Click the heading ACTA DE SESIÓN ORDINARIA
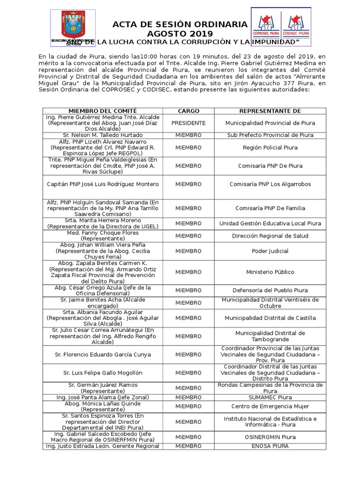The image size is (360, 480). [180, 24]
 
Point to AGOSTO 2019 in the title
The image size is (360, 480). [180, 34]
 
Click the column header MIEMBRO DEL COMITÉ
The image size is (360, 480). [103, 111]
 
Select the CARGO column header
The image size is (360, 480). [188, 111]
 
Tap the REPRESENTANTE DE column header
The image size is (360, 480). [270, 111]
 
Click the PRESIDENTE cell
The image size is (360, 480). [188, 123]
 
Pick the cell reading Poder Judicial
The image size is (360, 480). [270, 251]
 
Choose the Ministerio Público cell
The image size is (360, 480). [270, 272]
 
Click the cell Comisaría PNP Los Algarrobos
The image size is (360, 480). [270, 184]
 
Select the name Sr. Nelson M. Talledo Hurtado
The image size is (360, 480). [103, 135]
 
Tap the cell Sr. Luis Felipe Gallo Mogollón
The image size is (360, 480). [103, 373]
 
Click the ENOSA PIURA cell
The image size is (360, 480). [270, 446]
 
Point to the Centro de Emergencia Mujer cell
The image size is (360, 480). [270, 406]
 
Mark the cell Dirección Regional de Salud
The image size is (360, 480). [270, 236]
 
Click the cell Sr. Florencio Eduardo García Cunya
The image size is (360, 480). [103, 354]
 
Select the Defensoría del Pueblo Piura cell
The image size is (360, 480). [270, 291]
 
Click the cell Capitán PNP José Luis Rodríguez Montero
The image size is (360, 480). [103, 184]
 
